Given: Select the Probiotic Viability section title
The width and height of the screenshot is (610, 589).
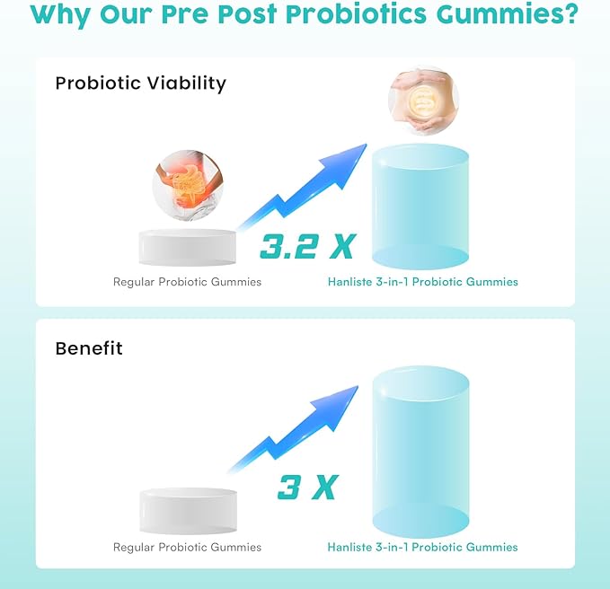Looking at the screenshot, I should pyautogui.click(x=140, y=84).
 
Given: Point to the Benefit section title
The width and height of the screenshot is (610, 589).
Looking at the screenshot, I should pyautogui.click(x=89, y=348).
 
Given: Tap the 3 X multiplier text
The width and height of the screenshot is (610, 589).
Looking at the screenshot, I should pyautogui.click(x=306, y=488).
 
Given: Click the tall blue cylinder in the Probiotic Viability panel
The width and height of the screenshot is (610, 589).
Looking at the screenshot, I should pyautogui.click(x=420, y=207).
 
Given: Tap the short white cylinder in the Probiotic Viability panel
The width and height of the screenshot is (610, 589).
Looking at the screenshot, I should pyautogui.click(x=188, y=247).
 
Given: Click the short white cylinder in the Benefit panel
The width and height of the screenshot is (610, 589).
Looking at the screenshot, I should pyautogui.click(x=188, y=509).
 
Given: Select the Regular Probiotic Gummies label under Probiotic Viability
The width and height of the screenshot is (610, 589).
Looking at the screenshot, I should pyautogui.click(x=187, y=282).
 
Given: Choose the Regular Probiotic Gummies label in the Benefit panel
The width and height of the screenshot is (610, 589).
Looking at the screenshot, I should pyautogui.click(x=187, y=547).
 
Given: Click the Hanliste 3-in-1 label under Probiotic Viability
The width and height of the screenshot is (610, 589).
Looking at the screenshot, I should pyautogui.click(x=422, y=282).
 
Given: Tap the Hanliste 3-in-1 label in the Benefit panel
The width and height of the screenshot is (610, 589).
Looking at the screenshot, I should pyautogui.click(x=422, y=547).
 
